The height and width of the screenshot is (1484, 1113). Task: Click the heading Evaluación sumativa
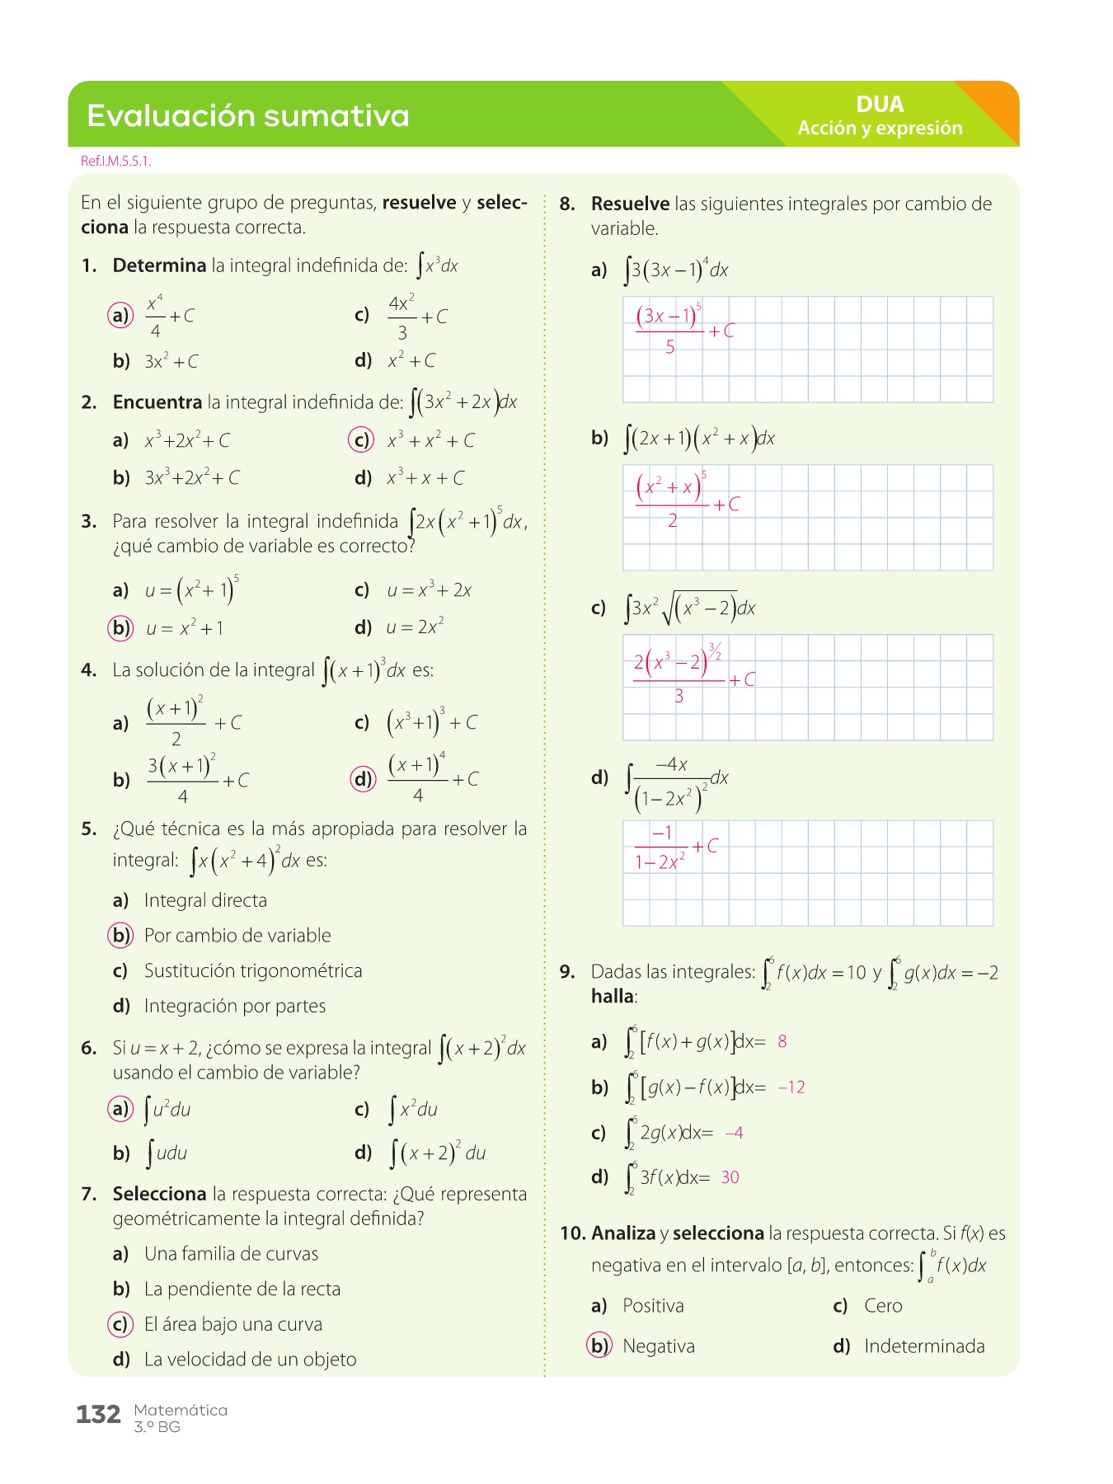pyautogui.click(x=247, y=115)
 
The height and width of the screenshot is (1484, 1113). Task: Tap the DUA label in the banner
pyautogui.click(x=880, y=105)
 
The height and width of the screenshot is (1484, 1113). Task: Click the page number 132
pyautogui.click(x=98, y=1415)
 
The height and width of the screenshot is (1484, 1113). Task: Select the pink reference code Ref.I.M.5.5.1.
pyautogui.click(x=115, y=162)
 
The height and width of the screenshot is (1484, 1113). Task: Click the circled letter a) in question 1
pyautogui.click(x=120, y=315)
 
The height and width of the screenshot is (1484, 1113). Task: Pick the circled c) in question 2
pyautogui.click(x=361, y=440)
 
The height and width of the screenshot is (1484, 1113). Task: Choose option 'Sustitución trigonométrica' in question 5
pyautogui.click(x=252, y=970)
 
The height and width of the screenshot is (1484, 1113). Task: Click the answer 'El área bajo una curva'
pyautogui.click(x=232, y=1324)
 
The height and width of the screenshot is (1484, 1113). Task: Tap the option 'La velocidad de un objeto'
pyautogui.click(x=250, y=1360)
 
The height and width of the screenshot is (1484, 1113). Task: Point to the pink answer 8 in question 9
pyautogui.click(x=782, y=1041)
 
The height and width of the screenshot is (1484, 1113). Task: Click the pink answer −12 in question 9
pyautogui.click(x=791, y=1087)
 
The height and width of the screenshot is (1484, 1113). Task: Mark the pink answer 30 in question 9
pyautogui.click(x=730, y=1177)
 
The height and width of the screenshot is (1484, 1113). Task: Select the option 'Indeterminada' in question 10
pyautogui.click(x=924, y=1346)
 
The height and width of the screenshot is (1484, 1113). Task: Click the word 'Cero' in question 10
pyautogui.click(x=883, y=1306)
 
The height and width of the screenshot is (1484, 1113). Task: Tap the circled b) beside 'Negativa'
pyautogui.click(x=599, y=1345)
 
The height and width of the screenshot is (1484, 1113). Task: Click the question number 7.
pyautogui.click(x=89, y=1194)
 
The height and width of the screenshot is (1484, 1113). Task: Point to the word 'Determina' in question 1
pyautogui.click(x=159, y=265)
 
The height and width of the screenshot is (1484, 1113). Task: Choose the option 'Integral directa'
pyautogui.click(x=205, y=900)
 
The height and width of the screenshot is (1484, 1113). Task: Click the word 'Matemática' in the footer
pyautogui.click(x=181, y=1410)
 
